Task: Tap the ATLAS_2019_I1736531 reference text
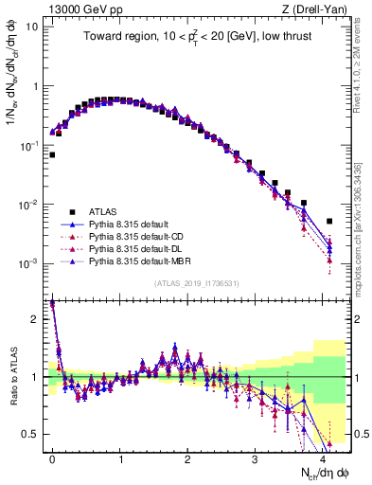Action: tap(196, 283)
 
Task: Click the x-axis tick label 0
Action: tap(52, 457)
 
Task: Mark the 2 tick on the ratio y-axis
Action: tap(35, 319)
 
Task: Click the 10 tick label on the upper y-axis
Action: tap(31, 27)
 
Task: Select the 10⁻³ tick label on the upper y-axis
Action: tap(28, 263)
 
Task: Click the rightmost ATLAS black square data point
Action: tap(329, 221)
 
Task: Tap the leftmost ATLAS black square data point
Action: tap(52, 154)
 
